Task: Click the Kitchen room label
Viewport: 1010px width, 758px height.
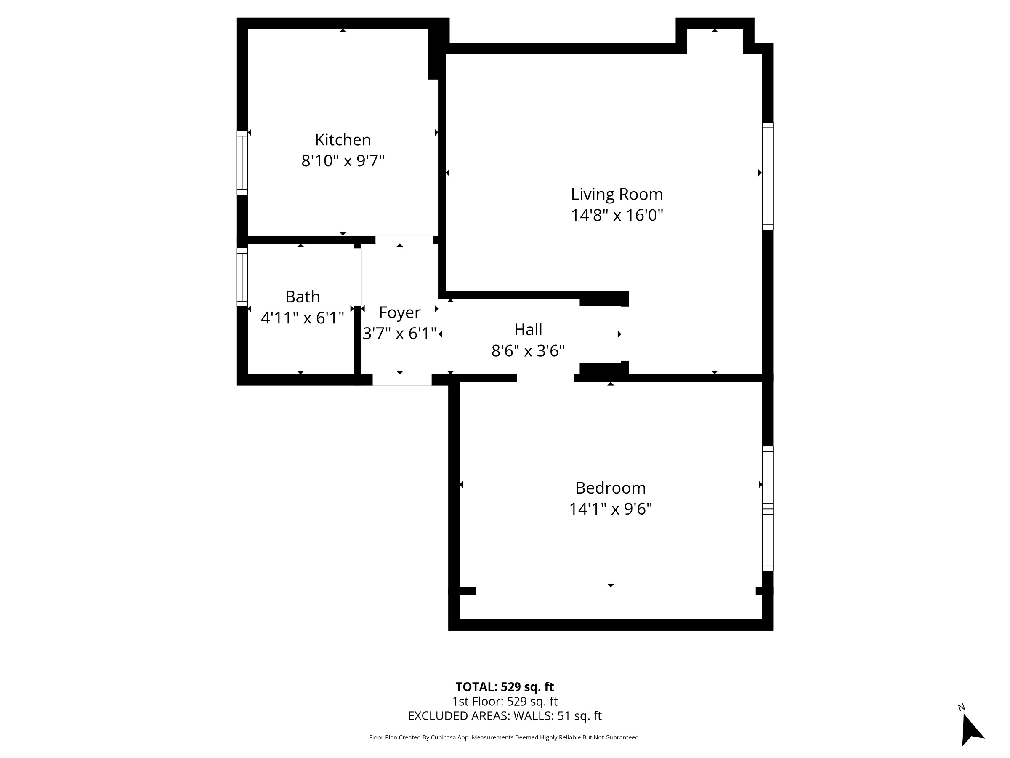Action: pos(343,139)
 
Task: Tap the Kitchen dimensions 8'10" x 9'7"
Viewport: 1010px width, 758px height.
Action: pos(343,161)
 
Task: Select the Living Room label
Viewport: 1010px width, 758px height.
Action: pos(617,194)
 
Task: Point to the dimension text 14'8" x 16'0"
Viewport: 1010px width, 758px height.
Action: pos(617,215)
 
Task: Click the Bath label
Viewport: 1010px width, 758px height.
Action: pos(302,296)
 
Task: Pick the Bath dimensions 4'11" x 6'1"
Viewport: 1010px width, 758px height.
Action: pos(302,318)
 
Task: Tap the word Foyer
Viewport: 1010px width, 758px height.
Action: pos(399,312)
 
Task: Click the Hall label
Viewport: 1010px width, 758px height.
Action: pos(528,329)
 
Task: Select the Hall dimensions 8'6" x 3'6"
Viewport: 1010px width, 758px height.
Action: pos(528,351)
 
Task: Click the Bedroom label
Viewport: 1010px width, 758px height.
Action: pos(611,488)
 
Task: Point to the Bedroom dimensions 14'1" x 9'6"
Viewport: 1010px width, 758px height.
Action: pos(611,509)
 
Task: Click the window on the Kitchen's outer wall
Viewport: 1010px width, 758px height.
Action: pos(242,163)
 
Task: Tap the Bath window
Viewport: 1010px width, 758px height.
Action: pos(242,278)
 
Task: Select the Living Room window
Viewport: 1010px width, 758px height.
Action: pos(768,176)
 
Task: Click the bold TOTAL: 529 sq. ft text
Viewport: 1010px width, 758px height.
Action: pos(505,687)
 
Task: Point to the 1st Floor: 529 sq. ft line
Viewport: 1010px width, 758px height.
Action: pos(505,701)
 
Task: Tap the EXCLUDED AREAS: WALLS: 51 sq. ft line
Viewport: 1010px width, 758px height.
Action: pos(505,716)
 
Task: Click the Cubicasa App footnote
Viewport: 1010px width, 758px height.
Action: pos(505,737)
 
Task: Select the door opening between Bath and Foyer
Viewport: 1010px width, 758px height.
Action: pos(358,278)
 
